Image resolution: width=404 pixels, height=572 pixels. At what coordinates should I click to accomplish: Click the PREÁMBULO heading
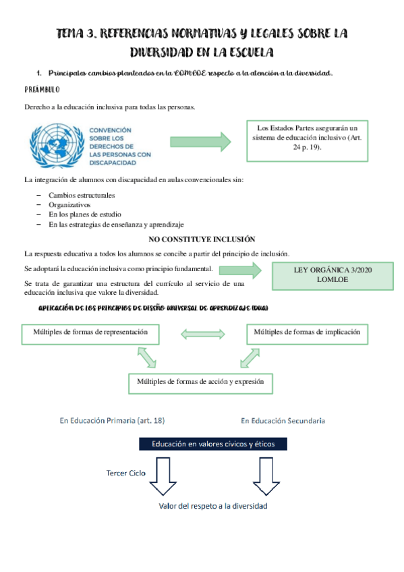point(42,89)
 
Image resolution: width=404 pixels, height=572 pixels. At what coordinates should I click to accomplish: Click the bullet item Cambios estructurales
point(82,195)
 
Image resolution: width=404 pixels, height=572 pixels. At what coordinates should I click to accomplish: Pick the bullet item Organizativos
point(69,204)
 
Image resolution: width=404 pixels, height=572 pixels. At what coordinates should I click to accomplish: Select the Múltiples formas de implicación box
point(306,333)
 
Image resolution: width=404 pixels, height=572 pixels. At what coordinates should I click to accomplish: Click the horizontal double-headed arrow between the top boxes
point(202,333)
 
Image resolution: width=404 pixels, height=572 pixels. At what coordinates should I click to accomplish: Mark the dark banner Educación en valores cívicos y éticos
point(212,444)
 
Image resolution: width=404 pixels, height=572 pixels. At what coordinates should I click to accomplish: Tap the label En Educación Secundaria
point(283,421)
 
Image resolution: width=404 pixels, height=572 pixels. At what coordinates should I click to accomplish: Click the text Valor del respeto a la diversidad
point(213,506)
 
